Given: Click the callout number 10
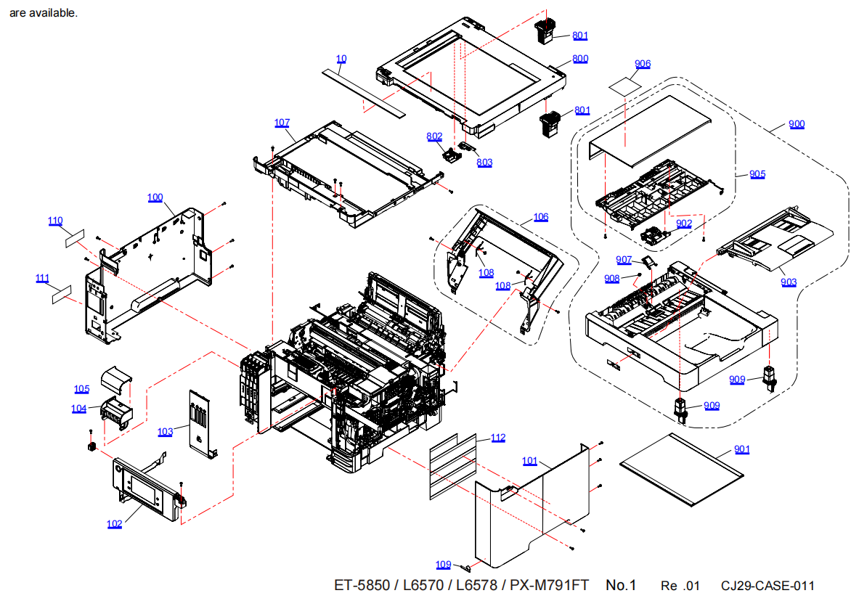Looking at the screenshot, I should coord(341,58).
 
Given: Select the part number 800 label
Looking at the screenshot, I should coord(580,59).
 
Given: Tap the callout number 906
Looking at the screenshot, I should coord(642,64).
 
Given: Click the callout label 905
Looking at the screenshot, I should coord(757,174).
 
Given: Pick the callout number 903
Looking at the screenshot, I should coord(789,282).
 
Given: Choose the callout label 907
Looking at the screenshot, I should coord(624,260).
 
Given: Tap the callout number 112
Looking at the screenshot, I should coord(497,438).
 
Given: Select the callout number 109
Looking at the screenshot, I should coord(444,565).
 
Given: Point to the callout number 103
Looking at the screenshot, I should coord(166,432).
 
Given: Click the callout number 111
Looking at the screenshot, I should coord(43,278).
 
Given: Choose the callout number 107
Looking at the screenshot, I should coord(282,123).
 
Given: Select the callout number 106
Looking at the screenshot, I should coord(541,217).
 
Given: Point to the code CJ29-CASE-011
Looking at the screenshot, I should coord(768,586).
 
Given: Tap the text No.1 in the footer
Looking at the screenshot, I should coord(621,585).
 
